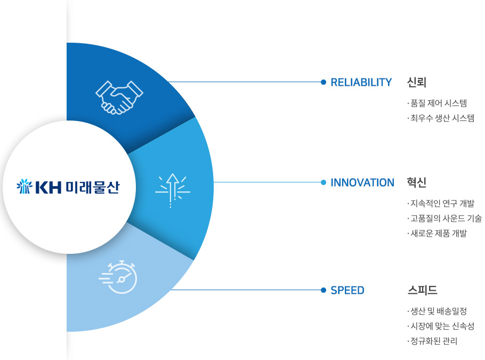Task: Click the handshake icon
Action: pos(119,98)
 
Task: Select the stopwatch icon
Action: pos(118,277)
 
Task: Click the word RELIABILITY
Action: pos(361,82)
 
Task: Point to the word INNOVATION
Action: pos(362,182)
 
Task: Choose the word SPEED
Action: pos(347,290)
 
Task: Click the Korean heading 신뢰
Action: pos(417,82)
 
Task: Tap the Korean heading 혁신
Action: pos(417,182)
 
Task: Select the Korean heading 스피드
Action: pos(422,290)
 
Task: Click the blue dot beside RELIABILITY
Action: pos(324,82)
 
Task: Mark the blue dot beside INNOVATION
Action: pos(324,182)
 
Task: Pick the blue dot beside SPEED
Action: pos(324,290)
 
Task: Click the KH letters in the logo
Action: pos(48,187)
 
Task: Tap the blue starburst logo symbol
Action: pos(25,186)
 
